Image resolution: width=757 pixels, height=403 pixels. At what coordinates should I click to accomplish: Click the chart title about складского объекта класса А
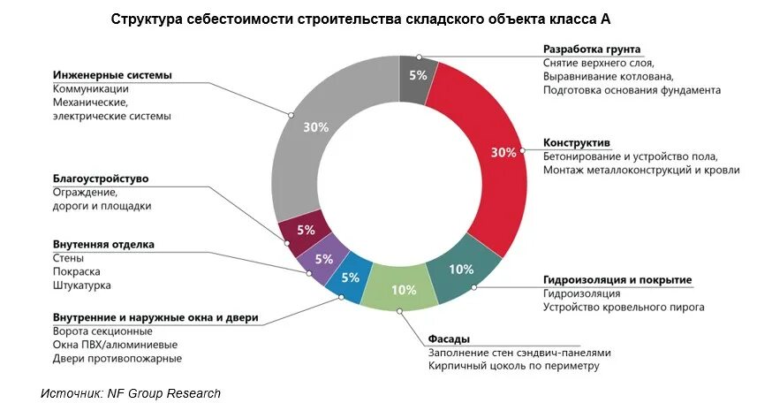coord(360,19)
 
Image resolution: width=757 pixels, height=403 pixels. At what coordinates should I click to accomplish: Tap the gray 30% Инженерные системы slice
coord(305,133)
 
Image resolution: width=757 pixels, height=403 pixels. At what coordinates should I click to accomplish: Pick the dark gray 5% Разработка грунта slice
coord(416,75)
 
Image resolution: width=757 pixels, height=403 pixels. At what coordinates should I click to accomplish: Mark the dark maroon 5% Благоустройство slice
coord(304,230)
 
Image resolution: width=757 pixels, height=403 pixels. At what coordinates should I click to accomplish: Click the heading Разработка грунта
coord(592,49)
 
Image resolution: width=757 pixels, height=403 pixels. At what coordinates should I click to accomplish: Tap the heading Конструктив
coord(577,142)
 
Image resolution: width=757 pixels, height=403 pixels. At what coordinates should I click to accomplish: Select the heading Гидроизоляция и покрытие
coord(617,279)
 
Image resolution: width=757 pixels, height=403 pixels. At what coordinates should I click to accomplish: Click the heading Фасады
coord(449,338)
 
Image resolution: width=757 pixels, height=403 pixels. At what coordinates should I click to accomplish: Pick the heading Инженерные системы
coord(112,75)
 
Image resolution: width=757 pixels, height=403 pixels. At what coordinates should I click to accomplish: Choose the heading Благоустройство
coord(100,179)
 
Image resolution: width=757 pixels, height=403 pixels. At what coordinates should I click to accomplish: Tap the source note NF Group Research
coord(131,393)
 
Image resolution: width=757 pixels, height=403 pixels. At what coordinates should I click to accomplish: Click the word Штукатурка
coord(82,285)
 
